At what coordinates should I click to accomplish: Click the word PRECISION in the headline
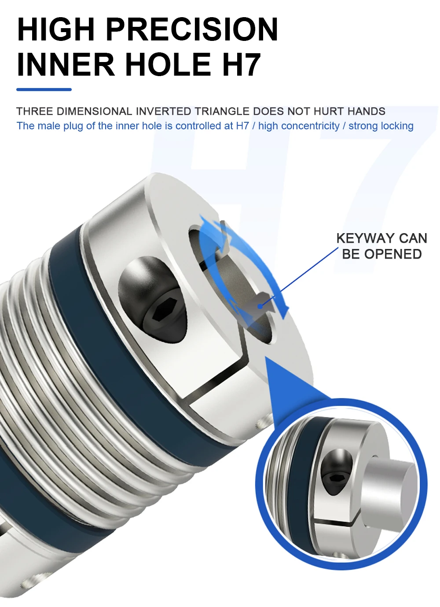click(192, 29)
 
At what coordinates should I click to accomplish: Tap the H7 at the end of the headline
click(241, 64)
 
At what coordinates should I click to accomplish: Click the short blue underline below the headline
click(44, 89)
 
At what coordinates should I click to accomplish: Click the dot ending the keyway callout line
click(260, 305)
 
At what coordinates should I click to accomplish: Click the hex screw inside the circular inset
click(337, 478)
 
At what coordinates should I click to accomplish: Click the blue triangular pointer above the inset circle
click(286, 383)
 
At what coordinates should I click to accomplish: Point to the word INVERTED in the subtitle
click(163, 111)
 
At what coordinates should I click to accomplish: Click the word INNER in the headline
click(66, 64)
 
